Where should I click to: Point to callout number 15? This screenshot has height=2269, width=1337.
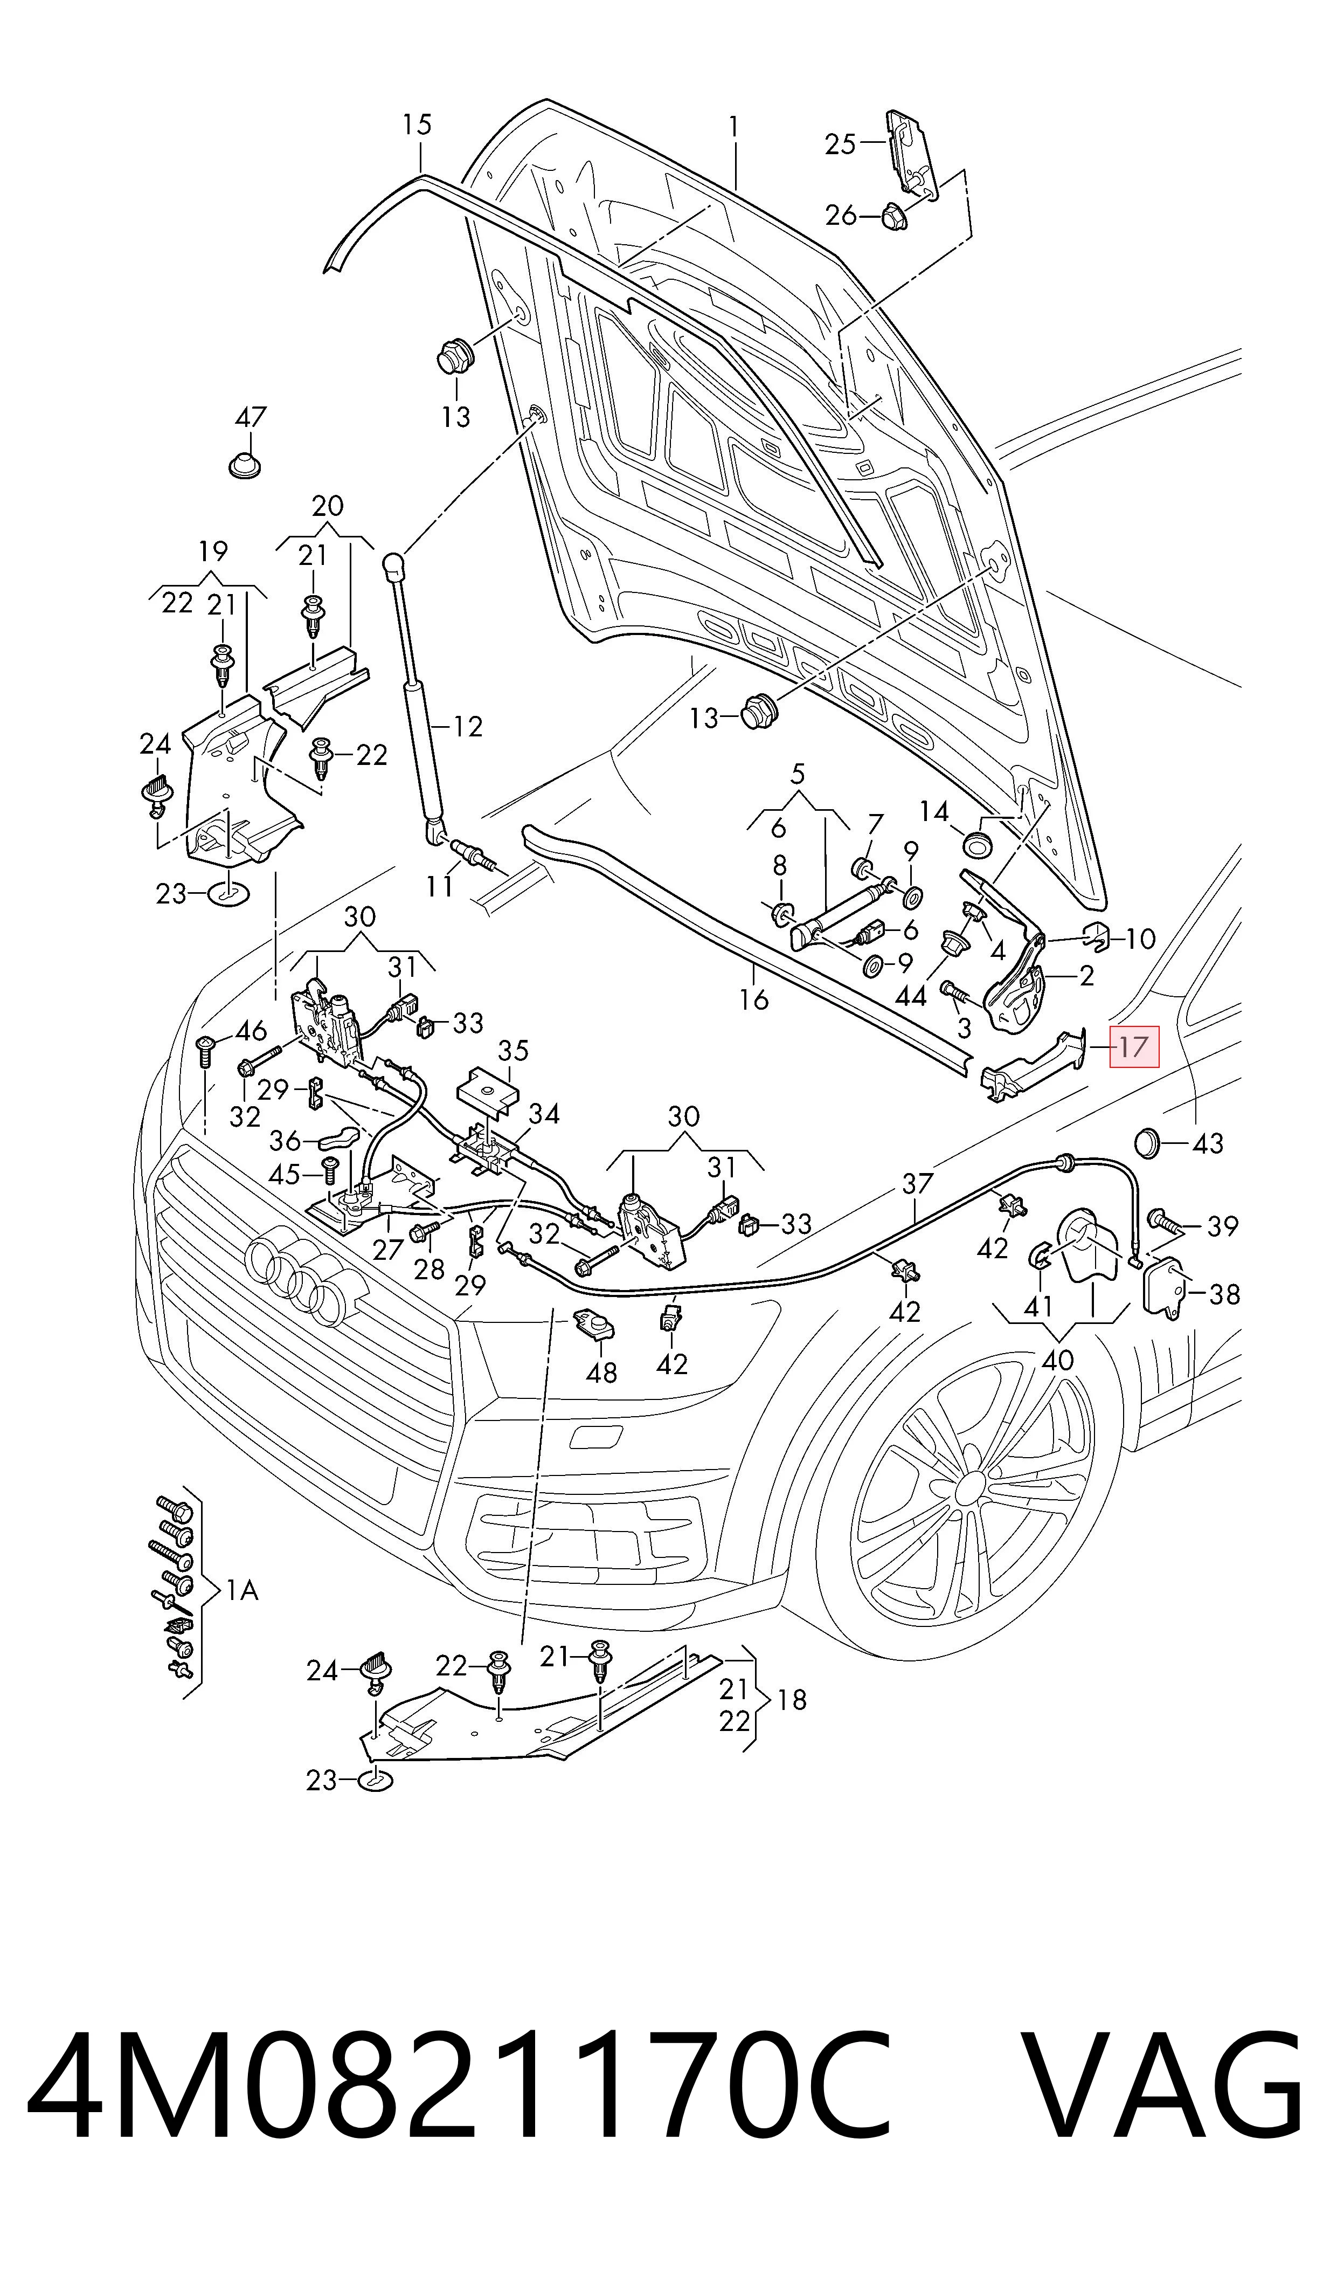(417, 125)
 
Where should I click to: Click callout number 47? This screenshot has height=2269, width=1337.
(251, 417)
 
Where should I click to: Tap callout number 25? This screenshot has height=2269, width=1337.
(840, 144)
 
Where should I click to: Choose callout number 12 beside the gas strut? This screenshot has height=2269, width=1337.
(468, 726)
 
